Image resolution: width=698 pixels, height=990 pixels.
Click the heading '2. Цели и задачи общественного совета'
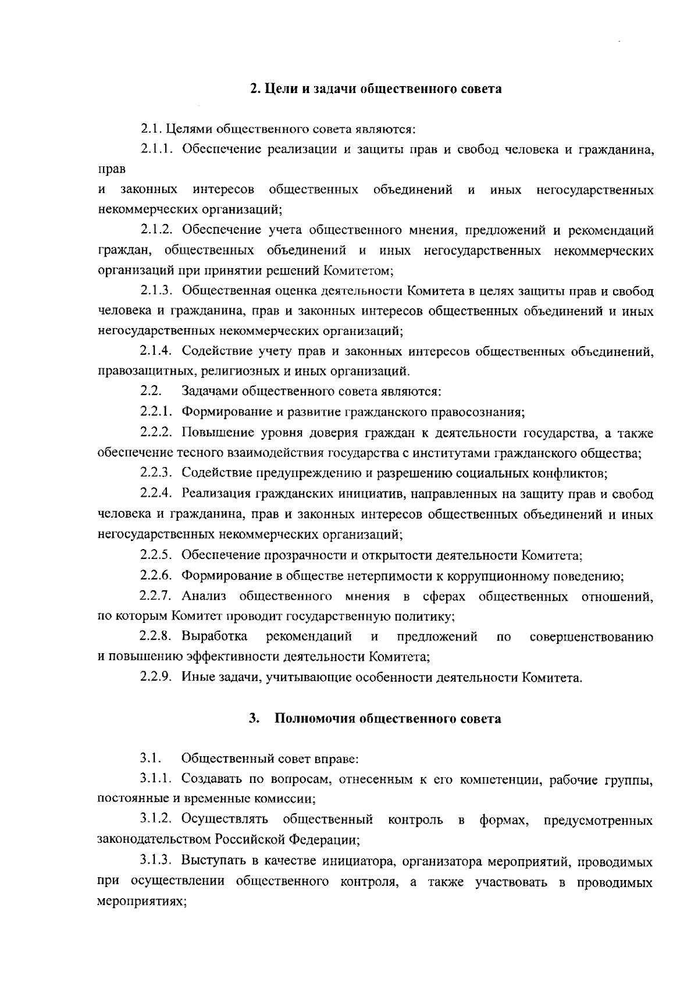coord(375,90)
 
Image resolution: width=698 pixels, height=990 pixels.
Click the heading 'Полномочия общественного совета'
coord(387,719)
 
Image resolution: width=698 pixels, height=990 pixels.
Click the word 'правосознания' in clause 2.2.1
coord(478,413)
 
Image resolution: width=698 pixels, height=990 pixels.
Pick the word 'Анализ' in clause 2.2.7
coord(203,597)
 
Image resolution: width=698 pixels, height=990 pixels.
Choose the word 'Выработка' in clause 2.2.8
coord(214,637)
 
